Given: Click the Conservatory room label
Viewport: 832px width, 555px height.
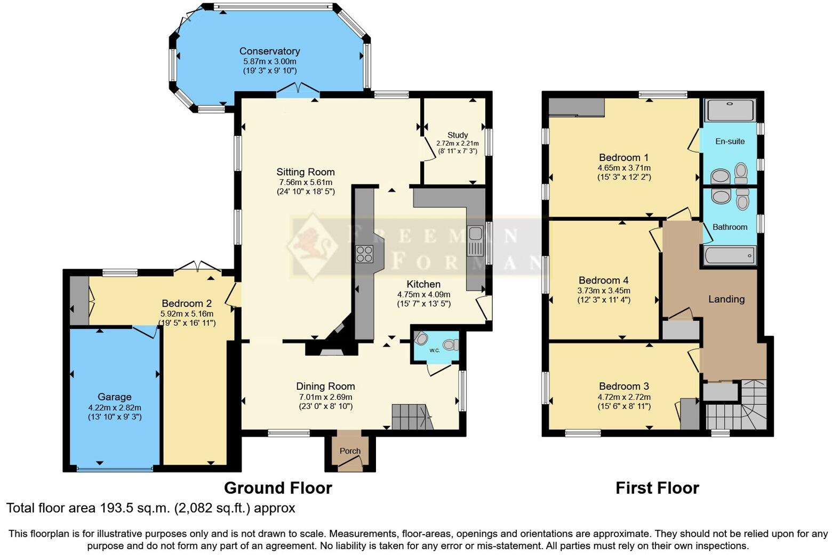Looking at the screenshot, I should pyautogui.click(x=269, y=51).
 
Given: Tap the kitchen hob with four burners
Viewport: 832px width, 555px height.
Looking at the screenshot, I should pyautogui.click(x=365, y=254).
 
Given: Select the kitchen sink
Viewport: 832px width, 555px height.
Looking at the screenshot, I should pyautogui.click(x=475, y=240).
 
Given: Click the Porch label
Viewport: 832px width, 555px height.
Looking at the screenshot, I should pyautogui.click(x=350, y=451).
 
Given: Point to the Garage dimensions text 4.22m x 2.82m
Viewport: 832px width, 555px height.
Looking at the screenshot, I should pyautogui.click(x=115, y=408).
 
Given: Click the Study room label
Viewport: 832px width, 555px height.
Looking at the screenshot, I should pyautogui.click(x=458, y=135).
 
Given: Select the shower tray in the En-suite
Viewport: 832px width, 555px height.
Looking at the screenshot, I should pyautogui.click(x=730, y=110).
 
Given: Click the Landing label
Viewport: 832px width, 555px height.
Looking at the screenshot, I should pyautogui.click(x=726, y=299).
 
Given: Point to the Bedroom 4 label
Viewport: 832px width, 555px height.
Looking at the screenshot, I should pyautogui.click(x=604, y=280).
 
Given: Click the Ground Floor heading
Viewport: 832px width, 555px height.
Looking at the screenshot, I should pyautogui.click(x=278, y=488).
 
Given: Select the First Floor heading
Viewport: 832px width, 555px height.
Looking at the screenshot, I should pyautogui.click(x=657, y=488).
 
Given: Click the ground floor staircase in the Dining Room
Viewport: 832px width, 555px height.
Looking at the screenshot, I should pyautogui.click(x=411, y=417).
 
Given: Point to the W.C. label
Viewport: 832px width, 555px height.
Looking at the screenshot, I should pyautogui.click(x=435, y=350).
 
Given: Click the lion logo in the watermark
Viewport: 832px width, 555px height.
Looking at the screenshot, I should pyautogui.click(x=312, y=245).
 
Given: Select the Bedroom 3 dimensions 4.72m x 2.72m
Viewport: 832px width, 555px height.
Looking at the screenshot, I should pyautogui.click(x=624, y=397).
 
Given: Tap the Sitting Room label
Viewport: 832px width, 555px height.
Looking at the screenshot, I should pyautogui.click(x=306, y=172).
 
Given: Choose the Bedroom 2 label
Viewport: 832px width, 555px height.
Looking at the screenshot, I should pyautogui.click(x=183, y=304).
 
